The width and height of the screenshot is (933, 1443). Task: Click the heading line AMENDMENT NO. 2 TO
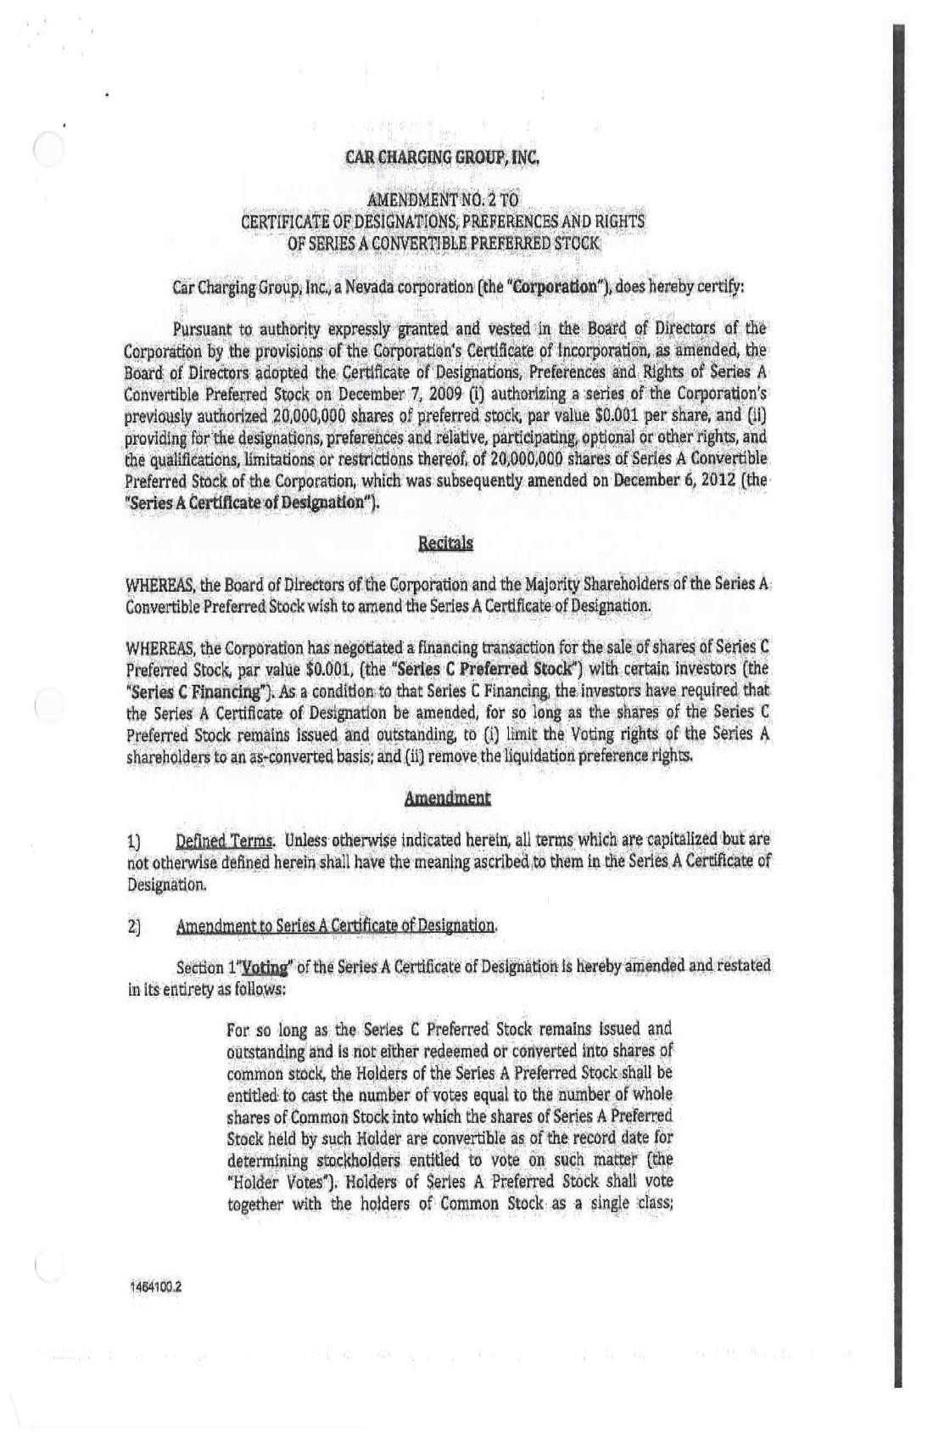pyautogui.click(x=442, y=200)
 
